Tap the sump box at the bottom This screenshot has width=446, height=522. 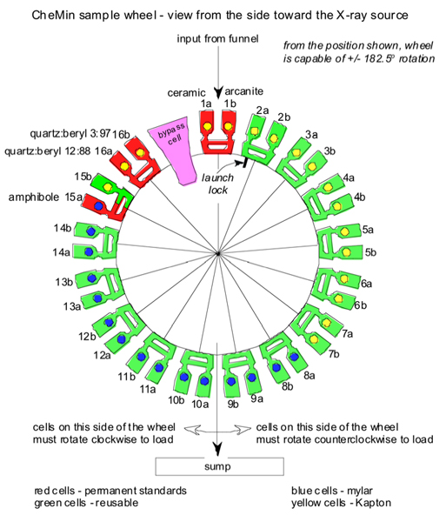pyautogui.click(x=219, y=466)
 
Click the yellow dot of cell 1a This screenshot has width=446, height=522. pyautogui.click(x=208, y=126)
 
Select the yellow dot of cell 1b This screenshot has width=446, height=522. pyautogui.click(x=228, y=126)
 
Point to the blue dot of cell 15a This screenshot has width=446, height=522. pyautogui.click(x=98, y=205)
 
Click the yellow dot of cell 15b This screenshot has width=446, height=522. pyautogui.click(x=108, y=187)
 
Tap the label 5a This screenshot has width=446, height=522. pyautogui.click(x=368, y=230)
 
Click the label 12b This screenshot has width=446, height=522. pyautogui.click(x=87, y=337)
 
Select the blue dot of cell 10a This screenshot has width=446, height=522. pyautogui.click(x=204, y=381)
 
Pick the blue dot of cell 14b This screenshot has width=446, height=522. pyautogui.click(x=90, y=231)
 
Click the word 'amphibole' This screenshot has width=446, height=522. pyautogui.click(x=34, y=197)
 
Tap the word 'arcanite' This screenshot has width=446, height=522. pyautogui.click(x=243, y=91)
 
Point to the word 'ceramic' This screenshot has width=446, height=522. pyautogui.click(x=186, y=92)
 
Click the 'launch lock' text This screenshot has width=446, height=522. pyautogui.click(x=218, y=184)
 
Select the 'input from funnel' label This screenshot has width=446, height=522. pyautogui.click(x=217, y=39)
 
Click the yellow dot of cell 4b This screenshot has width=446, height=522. pyautogui.click(x=337, y=206)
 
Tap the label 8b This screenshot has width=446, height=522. pyautogui.click(x=288, y=386)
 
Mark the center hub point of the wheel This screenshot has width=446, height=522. pyautogui.click(x=218, y=254)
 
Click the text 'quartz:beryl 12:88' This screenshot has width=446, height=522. pyautogui.click(x=47, y=151)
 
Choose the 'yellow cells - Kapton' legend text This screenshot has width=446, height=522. pyautogui.click(x=341, y=503)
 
